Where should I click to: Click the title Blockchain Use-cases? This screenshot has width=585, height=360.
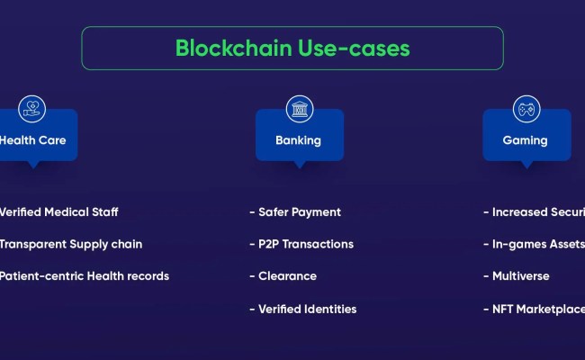point(292,48)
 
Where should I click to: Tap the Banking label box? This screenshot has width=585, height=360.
point(299,140)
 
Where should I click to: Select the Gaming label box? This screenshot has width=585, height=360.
point(526,140)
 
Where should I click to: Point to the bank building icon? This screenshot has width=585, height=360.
point(299,109)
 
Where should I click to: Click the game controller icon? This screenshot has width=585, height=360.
point(526,109)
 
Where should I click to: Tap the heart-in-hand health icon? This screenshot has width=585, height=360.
point(31,109)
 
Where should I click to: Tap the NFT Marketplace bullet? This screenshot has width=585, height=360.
point(535,309)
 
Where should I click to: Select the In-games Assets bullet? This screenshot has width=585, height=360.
point(535,244)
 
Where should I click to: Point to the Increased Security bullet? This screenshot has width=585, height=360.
point(535,212)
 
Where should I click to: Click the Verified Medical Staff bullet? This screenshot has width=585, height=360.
point(58,212)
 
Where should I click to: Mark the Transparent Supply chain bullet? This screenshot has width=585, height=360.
point(69,244)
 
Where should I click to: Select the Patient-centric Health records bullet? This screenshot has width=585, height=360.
point(83,276)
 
